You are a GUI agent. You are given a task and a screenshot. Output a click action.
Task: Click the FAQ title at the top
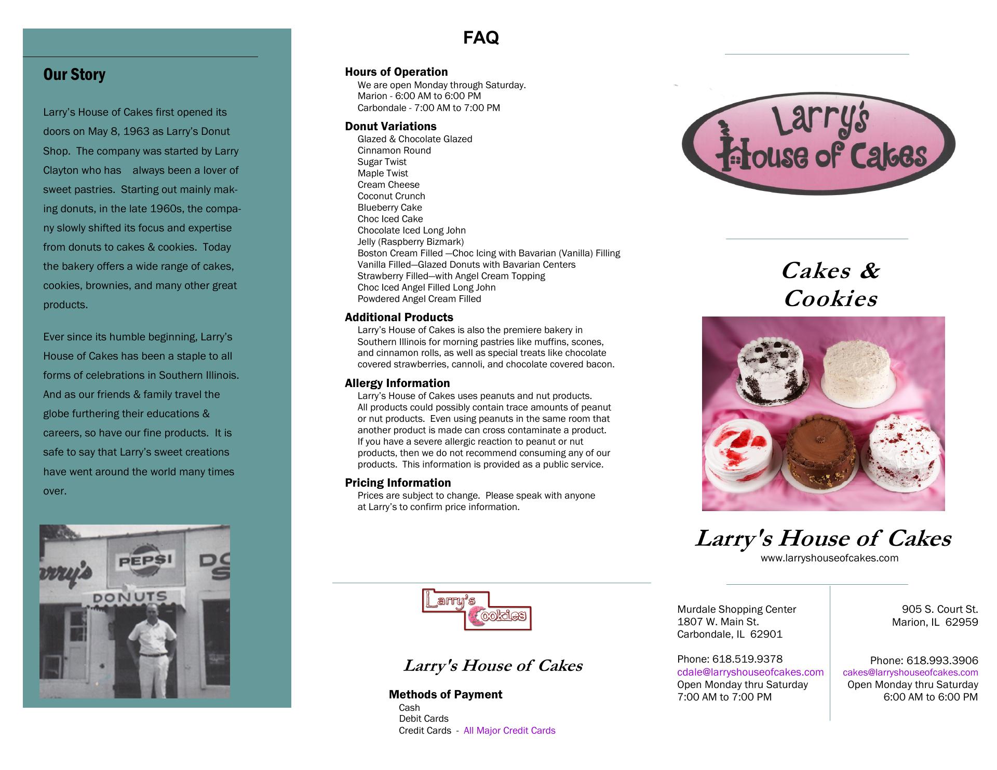click(x=481, y=38)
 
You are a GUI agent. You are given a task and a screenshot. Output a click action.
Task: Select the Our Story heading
click(x=74, y=75)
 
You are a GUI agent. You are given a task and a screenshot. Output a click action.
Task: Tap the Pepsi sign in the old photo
click(x=146, y=561)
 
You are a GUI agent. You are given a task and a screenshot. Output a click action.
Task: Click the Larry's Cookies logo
click(x=477, y=610)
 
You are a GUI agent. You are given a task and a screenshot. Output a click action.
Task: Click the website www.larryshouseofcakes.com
click(x=829, y=558)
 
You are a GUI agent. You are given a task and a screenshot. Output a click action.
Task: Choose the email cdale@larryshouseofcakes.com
click(x=750, y=672)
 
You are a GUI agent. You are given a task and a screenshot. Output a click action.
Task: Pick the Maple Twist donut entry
click(x=383, y=173)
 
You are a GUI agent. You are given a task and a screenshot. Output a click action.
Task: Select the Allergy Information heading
click(x=397, y=383)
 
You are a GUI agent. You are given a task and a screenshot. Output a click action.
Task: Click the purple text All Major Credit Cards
click(x=509, y=731)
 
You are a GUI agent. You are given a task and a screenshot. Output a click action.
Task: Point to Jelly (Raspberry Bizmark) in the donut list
click(x=410, y=242)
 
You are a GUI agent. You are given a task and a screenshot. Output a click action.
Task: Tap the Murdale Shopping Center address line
click(x=736, y=609)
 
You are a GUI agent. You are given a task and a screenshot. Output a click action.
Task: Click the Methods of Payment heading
click(x=445, y=695)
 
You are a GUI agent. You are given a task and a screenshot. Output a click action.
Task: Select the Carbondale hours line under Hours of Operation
click(x=428, y=108)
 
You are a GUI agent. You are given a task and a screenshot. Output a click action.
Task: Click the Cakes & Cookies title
click(x=830, y=284)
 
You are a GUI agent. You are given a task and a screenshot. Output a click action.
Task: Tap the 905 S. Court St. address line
click(x=939, y=609)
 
